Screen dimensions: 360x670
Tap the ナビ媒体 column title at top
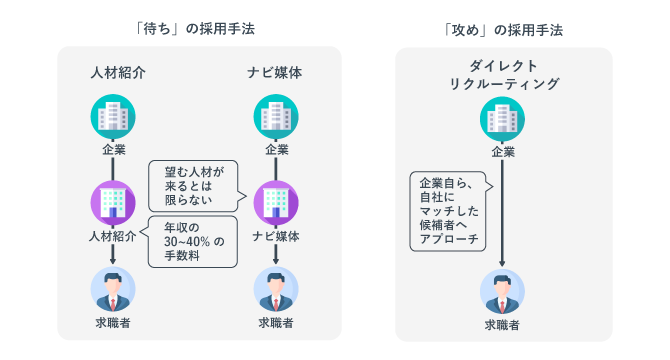[x=276, y=73]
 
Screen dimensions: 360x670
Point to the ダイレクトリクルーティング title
[x=503, y=74]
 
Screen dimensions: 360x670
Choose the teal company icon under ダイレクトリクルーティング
[x=503, y=121]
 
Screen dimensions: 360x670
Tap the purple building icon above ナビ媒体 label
[x=276, y=203]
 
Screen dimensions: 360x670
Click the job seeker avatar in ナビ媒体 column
[x=276, y=290]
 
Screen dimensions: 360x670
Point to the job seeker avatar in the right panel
[x=503, y=292]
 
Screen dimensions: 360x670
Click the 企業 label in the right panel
[x=503, y=153]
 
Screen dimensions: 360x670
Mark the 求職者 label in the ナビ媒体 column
[x=276, y=323]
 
